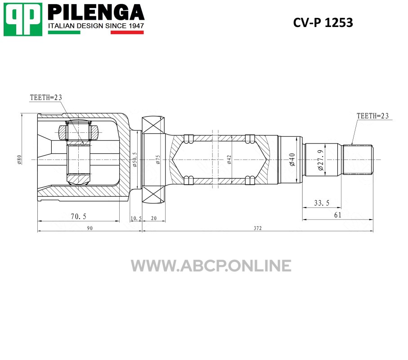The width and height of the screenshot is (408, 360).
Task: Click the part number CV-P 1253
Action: pos(323,22)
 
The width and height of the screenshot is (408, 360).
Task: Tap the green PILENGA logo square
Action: pos(23,19)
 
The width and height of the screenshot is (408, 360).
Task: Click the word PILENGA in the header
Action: pos(96,12)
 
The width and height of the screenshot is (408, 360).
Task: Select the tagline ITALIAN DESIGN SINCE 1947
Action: pos(96,26)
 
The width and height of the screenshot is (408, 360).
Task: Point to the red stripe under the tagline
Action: pos(127,32)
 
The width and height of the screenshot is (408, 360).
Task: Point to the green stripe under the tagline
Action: pos(64,32)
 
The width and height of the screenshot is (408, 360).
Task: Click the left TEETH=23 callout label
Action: pos(46,98)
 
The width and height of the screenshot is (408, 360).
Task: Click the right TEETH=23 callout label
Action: pos(372,116)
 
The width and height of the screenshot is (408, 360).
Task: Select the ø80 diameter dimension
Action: pos(19,160)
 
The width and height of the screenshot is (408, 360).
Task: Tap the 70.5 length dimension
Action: pos(78,216)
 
